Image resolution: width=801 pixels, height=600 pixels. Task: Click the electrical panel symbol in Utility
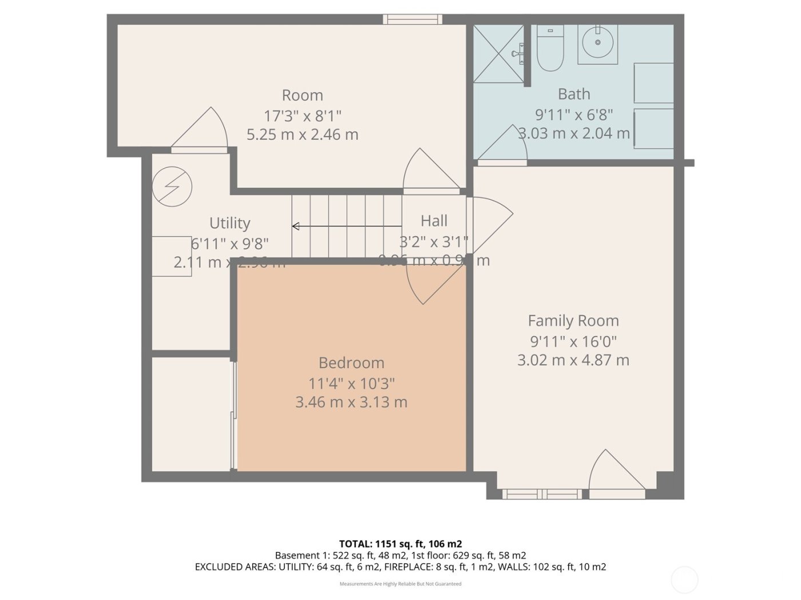[x=172, y=186]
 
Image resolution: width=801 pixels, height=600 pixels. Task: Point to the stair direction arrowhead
[x=296, y=226]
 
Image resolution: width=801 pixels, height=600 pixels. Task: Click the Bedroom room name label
[x=351, y=363]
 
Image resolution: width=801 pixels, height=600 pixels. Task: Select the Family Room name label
[x=573, y=321]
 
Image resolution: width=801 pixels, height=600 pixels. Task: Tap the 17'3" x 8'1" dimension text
[x=302, y=116]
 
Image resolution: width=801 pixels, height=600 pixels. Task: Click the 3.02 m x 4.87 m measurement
[x=573, y=361]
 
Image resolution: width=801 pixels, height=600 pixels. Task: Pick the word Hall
[x=434, y=221]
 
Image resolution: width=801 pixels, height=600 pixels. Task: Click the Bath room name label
[x=574, y=94]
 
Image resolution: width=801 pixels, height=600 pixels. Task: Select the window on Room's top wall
[x=413, y=19]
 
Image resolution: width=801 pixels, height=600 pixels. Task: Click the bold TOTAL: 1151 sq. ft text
[x=400, y=543]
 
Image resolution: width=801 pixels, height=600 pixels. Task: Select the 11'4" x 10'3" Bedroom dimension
[x=351, y=383]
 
